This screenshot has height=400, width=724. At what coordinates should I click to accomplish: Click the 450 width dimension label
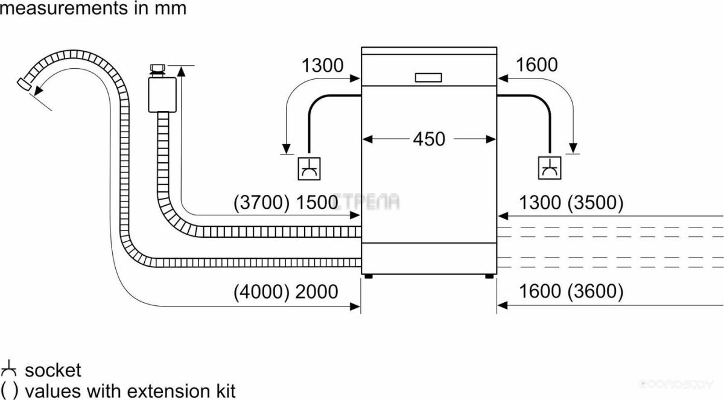pos(429,139)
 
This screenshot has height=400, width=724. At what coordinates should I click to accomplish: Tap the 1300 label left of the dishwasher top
pos(322,65)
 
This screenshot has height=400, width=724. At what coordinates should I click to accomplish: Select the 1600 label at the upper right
pos(536,65)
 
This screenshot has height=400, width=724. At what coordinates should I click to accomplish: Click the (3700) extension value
pos(261,203)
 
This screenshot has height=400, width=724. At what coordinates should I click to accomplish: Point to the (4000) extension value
pos(261,292)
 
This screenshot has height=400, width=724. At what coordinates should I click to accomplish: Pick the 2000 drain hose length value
pos(317,292)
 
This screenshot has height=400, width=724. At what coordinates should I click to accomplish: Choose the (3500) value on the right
pos(595,203)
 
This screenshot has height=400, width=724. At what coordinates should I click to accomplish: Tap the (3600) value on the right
pos(595,291)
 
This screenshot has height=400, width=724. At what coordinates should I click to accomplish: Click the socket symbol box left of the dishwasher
pos(309,169)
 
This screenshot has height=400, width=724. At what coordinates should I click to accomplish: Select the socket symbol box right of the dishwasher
pos(550,168)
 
